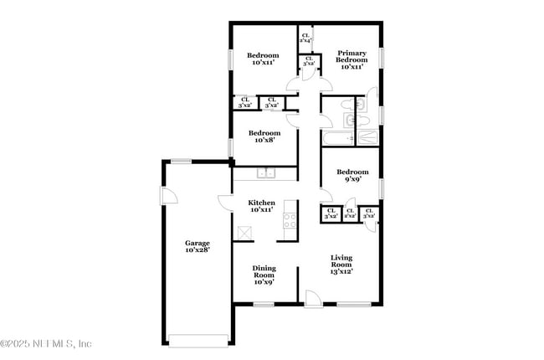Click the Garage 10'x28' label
pos(198,246)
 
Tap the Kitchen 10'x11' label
pos(262,206)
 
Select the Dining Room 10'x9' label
pos(264,275)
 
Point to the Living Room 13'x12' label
pos(341,265)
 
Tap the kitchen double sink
pos(266,173)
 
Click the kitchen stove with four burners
pos(290,221)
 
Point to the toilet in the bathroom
pos(359,105)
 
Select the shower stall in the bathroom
pos(367,138)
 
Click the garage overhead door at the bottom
pos(198,338)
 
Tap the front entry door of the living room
pos(312,298)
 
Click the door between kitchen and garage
pos(226,203)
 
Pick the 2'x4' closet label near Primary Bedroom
pos(305,38)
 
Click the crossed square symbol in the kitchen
pos(245,234)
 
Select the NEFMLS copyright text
pos(46,343)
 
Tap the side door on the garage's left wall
pos(167,195)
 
